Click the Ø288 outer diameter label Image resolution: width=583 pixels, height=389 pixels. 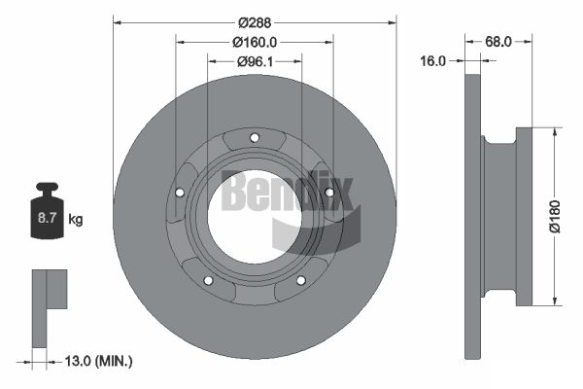coord(255,23)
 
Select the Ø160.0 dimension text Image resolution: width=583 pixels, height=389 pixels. coord(255,43)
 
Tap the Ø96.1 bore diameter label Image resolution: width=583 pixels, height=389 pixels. coord(255,61)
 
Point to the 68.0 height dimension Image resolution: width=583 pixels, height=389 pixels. coord(498,42)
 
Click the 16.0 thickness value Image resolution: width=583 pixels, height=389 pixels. coord(432,60)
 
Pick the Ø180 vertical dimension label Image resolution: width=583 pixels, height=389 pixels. coord(555,217)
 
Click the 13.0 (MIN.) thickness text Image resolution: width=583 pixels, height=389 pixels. coord(98,361)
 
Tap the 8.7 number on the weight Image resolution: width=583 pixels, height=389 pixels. coord(47,218)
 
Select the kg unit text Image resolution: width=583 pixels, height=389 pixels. coord(76,219)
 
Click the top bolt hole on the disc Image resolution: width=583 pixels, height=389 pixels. coord(255,138)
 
